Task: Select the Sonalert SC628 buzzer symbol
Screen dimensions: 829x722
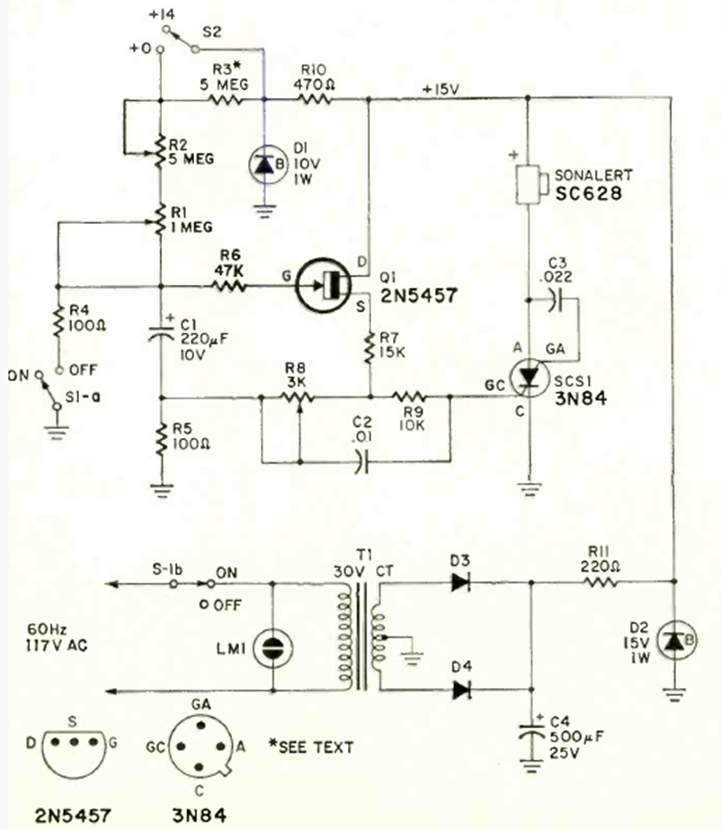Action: point(528,184)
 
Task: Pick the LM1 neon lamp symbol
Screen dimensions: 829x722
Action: point(271,646)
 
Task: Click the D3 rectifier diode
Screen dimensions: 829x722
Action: point(461,583)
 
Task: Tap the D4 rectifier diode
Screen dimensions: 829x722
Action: point(461,690)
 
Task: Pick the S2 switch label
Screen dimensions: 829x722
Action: point(213,30)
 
